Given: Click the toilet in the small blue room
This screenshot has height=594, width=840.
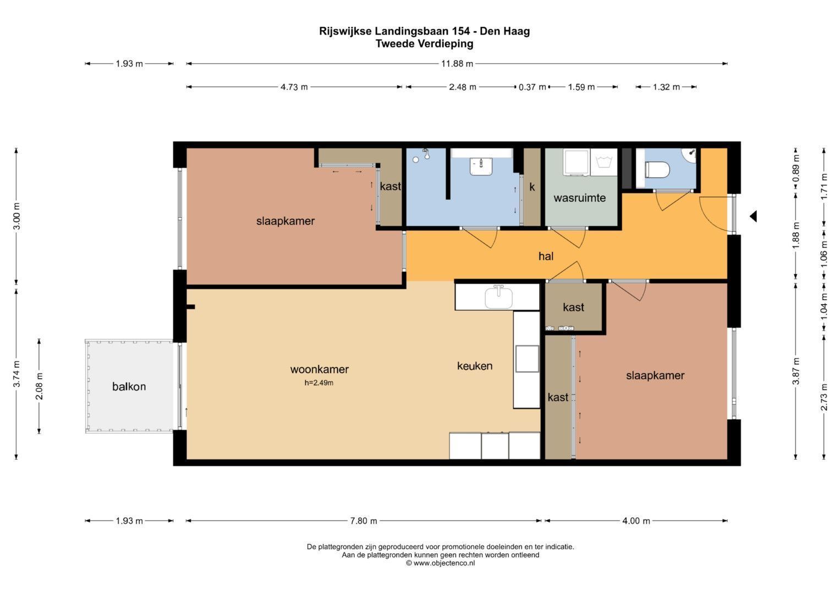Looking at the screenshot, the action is coord(657,170).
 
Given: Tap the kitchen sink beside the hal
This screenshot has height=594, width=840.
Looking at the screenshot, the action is coord(498,296).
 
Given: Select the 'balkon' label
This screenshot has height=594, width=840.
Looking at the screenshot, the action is coord(129,387).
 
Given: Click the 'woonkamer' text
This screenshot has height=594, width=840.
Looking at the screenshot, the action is coord(320,370).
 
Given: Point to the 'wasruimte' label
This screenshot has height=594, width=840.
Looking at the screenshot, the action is coord(579,198).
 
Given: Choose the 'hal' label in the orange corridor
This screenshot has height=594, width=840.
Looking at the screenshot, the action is coord(546,256).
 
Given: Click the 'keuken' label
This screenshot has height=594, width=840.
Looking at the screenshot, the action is coord(475,366).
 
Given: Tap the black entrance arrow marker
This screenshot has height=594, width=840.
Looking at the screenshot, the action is coord(753,216).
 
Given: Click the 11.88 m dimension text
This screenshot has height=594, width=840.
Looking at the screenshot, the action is coord(457,64).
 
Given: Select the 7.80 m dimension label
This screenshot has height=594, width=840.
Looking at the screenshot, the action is coord(364,521).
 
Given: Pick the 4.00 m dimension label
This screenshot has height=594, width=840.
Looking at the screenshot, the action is coord(636,521).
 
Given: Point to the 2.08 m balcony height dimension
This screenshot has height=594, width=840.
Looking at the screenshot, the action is coord(39,386).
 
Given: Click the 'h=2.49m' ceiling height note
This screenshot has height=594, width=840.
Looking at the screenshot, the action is coord(319,383).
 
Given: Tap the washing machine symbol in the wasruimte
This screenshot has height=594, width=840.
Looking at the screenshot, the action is coord(604,162).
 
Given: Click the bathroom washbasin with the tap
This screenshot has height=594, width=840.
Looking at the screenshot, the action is coord(481,166).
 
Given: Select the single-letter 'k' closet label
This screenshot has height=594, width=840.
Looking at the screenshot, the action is coord(532,187).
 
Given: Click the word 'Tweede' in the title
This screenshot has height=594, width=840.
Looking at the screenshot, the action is coord(396,44).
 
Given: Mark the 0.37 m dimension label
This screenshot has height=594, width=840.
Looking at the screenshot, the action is coord(532,87).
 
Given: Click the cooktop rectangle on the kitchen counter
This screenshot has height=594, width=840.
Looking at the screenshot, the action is coord(527,359).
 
